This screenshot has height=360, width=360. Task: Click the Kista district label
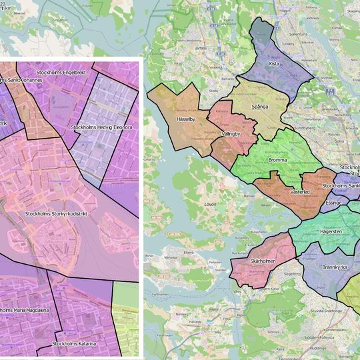tap(274, 64)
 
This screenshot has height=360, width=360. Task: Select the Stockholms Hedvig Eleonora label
tap(101, 127)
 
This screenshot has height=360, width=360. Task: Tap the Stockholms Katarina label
tap(75, 344)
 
